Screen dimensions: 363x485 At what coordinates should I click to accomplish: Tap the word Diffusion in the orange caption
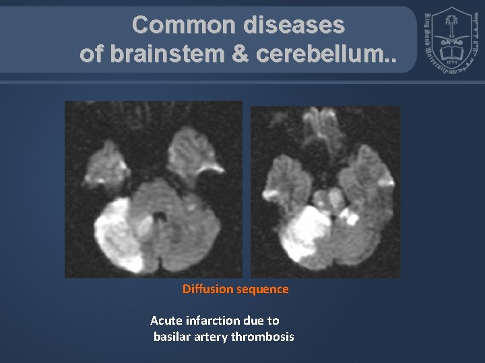[207, 289]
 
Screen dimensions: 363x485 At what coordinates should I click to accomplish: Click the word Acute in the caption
[165, 320]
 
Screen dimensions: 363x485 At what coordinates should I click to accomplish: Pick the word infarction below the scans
[209, 320]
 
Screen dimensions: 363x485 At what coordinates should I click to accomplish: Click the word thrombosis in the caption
[263, 336]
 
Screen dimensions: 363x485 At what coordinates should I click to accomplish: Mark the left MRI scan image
[153, 189]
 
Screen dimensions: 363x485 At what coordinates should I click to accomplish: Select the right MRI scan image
[325, 192]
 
